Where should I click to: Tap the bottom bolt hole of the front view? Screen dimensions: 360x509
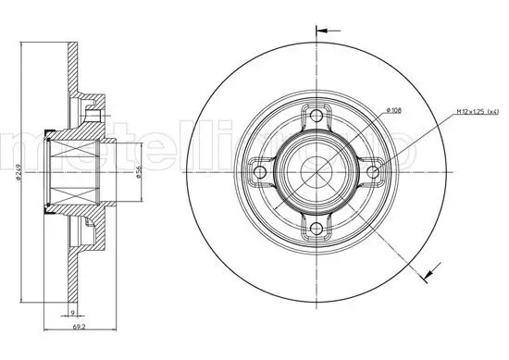[x=317, y=228]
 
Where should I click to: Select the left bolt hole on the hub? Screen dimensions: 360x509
[x=261, y=171]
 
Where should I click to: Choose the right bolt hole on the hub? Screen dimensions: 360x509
[x=374, y=171]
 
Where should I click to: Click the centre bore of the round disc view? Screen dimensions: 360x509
[x=317, y=171]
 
